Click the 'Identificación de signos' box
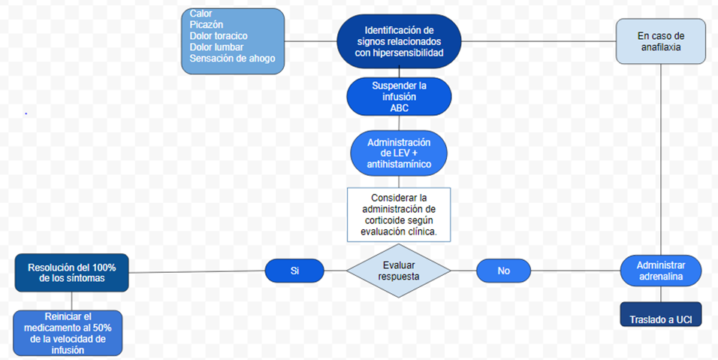398,41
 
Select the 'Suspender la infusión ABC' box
399,96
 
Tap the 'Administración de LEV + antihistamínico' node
399,153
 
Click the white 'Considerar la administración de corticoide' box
399,214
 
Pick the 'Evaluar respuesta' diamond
399,270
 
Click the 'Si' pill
294,270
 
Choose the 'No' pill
503,270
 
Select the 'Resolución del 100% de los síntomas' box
72,272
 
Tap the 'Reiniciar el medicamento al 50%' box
68,332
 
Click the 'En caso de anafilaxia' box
661,41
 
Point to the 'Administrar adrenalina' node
661,271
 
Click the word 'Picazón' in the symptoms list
207,25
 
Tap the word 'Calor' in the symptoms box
201,14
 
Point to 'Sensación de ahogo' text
232,58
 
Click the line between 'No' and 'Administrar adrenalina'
575,270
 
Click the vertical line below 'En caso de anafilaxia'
661,158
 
